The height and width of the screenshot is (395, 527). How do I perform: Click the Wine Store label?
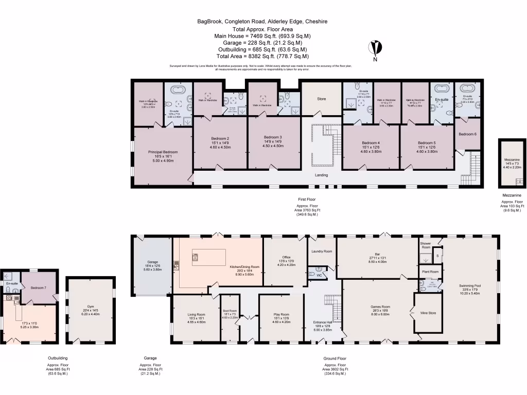coord(428,313)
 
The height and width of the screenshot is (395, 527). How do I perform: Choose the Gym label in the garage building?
coord(90,310)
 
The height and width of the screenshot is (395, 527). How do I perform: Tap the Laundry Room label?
coord(322,251)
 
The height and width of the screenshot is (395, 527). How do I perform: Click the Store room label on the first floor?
coord(322,98)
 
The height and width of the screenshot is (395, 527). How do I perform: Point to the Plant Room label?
coord(430,272)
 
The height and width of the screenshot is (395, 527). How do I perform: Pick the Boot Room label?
coord(229,311)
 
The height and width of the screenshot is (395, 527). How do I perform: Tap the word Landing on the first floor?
coord(322,175)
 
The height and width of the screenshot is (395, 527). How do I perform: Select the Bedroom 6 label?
coord(467,134)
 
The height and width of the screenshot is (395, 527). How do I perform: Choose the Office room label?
coord(287,257)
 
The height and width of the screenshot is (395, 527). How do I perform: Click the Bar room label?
coord(377,254)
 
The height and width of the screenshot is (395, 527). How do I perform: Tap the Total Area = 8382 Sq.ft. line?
coord(262,56)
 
